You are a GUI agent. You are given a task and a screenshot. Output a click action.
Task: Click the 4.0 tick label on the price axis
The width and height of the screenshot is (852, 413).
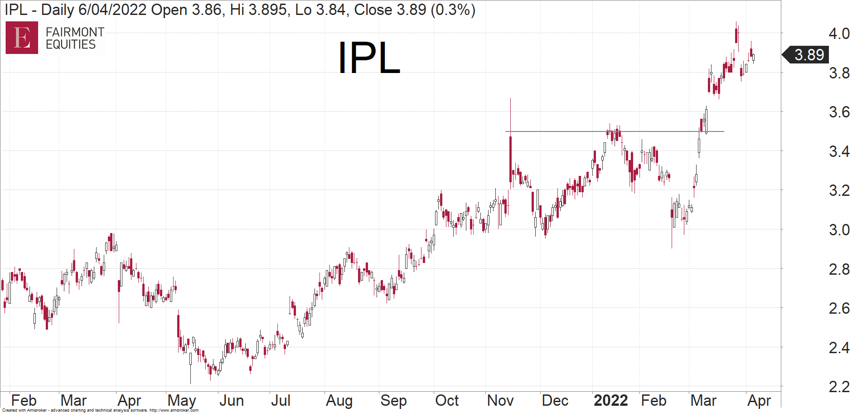839,34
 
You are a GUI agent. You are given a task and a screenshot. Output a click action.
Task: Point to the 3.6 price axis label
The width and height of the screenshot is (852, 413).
839,112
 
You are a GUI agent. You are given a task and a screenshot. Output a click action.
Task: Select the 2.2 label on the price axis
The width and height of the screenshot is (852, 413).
839,387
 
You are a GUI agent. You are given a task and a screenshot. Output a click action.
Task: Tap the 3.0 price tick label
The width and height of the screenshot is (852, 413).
839,230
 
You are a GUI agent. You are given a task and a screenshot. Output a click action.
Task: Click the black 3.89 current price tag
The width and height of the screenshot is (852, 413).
808,55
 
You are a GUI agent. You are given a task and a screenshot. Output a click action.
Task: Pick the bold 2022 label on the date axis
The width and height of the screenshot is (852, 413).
610,400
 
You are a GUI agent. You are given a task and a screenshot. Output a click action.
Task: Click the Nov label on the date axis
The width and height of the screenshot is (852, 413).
500,400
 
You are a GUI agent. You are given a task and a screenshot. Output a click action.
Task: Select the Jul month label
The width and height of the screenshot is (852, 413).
281,400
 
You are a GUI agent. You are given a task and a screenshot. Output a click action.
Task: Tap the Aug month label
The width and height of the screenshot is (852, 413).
339,400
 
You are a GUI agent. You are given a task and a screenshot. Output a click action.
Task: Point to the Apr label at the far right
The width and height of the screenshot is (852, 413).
759,400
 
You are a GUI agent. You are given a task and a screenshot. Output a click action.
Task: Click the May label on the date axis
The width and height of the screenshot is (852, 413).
181,400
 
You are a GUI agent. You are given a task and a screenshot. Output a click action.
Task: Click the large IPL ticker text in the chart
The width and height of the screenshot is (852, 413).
369,58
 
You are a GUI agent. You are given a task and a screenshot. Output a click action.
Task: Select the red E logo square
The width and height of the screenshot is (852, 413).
22,38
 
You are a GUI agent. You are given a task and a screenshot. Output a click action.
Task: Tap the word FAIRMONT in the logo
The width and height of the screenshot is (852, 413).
75,32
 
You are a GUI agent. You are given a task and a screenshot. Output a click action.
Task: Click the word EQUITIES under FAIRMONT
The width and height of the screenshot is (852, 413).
71,44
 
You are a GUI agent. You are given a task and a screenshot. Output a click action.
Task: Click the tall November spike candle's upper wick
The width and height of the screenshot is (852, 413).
510,116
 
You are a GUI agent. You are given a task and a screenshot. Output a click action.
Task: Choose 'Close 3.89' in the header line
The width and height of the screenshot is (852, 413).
390,10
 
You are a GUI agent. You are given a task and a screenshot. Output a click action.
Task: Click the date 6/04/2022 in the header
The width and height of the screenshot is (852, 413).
112,10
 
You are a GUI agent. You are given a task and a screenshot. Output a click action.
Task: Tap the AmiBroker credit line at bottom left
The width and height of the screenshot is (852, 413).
100,410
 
